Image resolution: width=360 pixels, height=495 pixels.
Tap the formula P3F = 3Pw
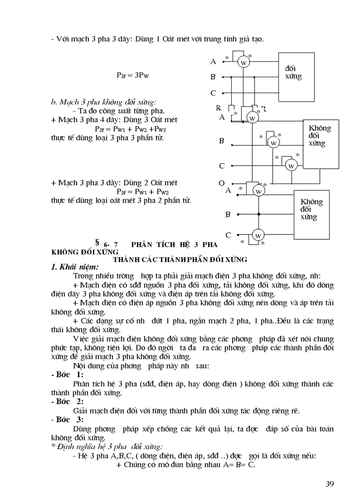[132, 75]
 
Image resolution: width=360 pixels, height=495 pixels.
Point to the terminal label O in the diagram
[221, 182]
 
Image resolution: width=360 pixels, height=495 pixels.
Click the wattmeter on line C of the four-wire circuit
[291, 166]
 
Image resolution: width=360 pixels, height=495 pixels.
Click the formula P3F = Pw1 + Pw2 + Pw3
[133, 129]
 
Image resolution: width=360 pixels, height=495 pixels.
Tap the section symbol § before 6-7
[96, 241]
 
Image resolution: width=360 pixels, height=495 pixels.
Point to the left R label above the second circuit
[218, 108]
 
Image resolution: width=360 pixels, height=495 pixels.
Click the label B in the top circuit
[213, 77]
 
